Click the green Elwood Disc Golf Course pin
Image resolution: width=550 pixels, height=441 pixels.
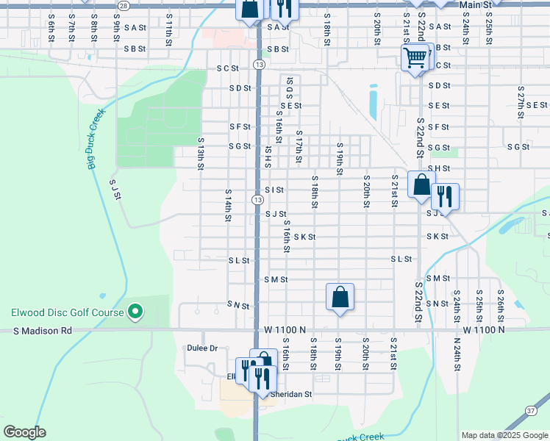[x=135, y=312]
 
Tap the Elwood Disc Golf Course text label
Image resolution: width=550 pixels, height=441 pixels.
[x=67, y=312]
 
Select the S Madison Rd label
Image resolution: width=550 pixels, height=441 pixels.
[x=43, y=331]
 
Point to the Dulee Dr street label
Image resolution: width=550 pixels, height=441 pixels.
[x=203, y=348]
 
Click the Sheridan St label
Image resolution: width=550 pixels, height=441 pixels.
[x=291, y=394]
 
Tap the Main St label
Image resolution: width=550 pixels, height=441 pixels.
[x=474, y=4]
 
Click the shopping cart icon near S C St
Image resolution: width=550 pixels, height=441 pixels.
[x=415, y=57]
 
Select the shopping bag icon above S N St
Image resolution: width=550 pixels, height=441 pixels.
[x=340, y=298]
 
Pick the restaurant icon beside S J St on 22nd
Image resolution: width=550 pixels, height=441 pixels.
[x=445, y=197]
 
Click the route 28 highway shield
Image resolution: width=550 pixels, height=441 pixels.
[x=124, y=5]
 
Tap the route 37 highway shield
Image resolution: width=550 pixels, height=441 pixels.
[x=531, y=411]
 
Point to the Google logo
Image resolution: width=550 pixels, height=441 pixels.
[x=24, y=432]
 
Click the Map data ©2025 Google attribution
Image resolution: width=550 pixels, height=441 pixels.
[x=504, y=435]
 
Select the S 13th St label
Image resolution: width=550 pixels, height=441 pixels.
[x=200, y=153]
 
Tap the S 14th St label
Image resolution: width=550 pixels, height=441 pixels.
[x=228, y=205]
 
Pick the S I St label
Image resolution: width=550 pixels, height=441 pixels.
[x=274, y=190]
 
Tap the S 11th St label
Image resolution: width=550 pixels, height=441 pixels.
[x=168, y=35]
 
